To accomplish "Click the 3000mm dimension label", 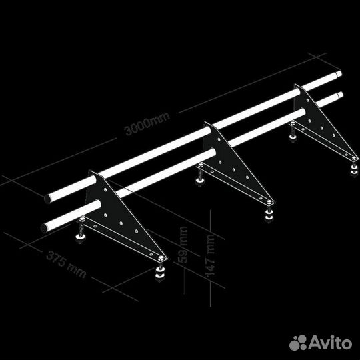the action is click(147, 123).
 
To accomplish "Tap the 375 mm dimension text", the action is click(66, 264).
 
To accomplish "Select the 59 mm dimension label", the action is click(184, 245).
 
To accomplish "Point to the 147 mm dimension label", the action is click(210, 255).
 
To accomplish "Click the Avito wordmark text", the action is click(331, 342).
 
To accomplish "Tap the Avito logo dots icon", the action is click(298, 343).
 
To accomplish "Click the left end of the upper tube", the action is click(48, 199).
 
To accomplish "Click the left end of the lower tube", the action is click(44, 229).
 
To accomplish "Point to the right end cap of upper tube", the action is click(339, 74).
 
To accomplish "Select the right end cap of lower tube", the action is click(340, 95).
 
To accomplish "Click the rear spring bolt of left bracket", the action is click(81, 230).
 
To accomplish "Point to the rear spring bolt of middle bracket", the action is click(200, 174).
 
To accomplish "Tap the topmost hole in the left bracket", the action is click(105, 190).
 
